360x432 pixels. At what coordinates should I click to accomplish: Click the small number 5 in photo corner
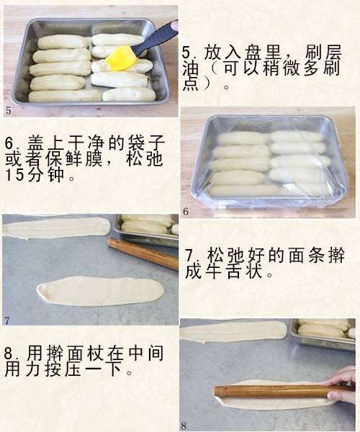(8, 111)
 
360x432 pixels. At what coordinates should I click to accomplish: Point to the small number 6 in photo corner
(186, 212)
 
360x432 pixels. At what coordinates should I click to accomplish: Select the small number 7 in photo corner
(7, 320)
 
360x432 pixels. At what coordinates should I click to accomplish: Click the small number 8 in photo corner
(184, 426)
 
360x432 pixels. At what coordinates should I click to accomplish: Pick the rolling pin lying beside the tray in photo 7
(143, 253)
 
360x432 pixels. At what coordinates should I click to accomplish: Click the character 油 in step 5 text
(191, 68)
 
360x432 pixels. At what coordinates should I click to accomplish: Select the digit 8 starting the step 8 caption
(9, 354)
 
